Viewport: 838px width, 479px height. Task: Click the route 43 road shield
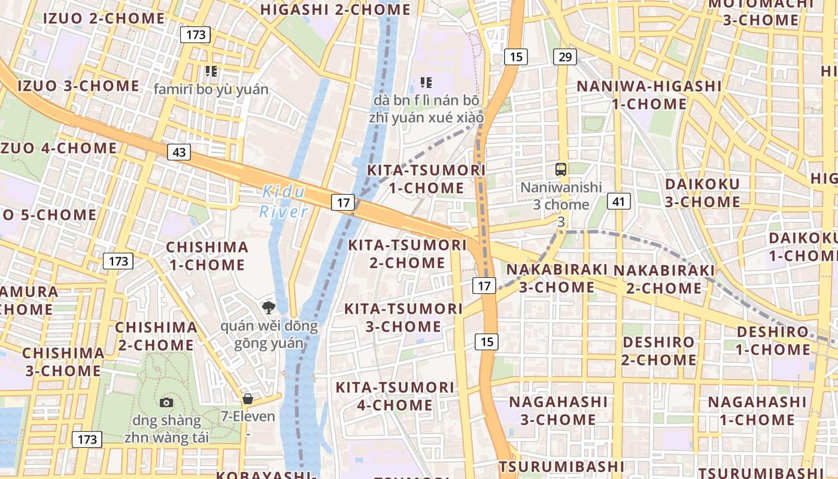click(x=179, y=152)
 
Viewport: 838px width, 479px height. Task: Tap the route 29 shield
click(x=565, y=57)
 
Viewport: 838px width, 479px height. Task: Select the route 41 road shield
click(x=618, y=201)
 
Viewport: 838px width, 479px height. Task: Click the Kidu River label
click(x=284, y=202)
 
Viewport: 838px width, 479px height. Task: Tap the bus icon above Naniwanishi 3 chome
click(x=561, y=169)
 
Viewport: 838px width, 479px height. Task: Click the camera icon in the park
click(x=166, y=402)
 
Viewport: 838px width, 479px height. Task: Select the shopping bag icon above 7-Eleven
click(x=248, y=399)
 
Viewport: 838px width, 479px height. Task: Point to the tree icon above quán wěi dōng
click(x=269, y=308)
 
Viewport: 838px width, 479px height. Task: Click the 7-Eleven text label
click(x=248, y=416)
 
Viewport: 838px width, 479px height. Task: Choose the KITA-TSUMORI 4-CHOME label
click(x=395, y=396)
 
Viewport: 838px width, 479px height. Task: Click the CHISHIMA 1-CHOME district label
click(x=207, y=256)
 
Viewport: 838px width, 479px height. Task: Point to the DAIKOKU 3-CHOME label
click(x=702, y=193)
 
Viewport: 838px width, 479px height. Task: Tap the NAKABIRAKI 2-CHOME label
click(x=664, y=280)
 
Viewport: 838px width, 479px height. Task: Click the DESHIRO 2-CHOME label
click(x=658, y=351)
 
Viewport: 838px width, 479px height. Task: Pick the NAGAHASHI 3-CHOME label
click(x=558, y=410)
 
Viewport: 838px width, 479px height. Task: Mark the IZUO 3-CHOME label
click(x=78, y=86)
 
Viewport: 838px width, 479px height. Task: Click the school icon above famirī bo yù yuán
click(x=211, y=72)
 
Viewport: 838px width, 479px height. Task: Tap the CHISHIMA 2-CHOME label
click(x=156, y=336)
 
